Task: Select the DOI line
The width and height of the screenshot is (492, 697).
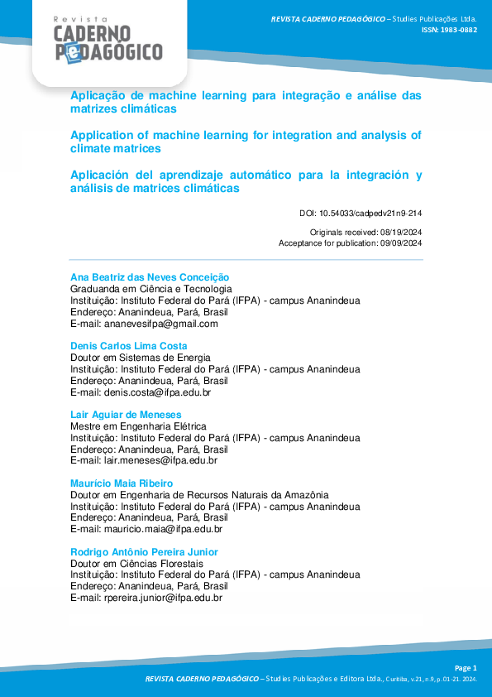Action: pos(361,214)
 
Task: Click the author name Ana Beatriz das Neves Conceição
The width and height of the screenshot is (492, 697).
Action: pos(149,277)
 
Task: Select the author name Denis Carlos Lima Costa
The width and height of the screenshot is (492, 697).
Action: pos(128,346)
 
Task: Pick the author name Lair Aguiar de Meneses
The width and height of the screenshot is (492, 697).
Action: pos(126,415)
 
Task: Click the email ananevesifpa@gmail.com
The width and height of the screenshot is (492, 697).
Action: pos(160,324)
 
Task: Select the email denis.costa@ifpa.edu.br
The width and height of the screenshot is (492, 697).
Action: pos(157,392)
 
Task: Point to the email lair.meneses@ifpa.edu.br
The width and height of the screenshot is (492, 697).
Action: pos(160,460)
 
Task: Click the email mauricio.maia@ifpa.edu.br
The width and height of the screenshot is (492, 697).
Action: pos(163,529)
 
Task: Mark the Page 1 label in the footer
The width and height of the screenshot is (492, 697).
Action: pos(466,667)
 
